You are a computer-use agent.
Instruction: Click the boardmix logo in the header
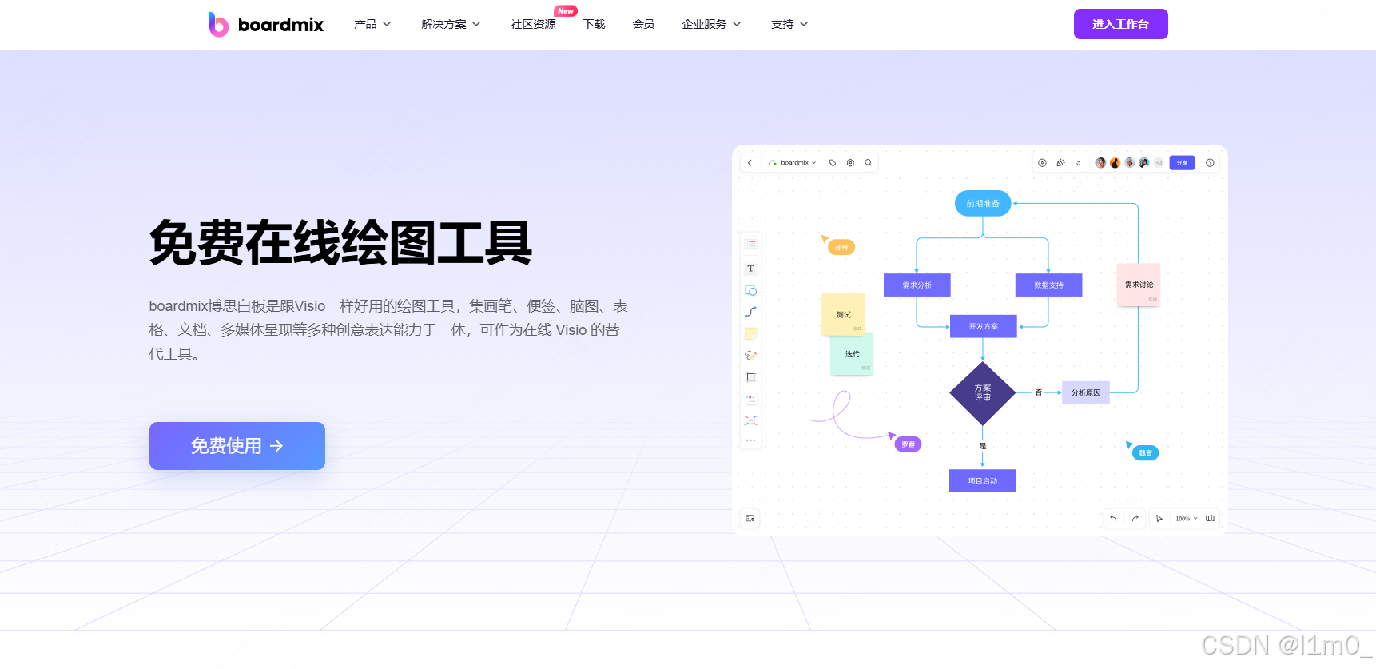pyautogui.click(x=266, y=25)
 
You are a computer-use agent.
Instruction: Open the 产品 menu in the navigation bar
pyautogui.click(x=372, y=25)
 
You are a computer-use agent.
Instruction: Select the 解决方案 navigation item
pyautogui.click(x=451, y=25)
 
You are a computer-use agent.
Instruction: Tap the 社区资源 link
pyautogui.click(x=533, y=25)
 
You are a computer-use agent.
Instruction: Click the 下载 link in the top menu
pyautogui.click(x=594, y=25)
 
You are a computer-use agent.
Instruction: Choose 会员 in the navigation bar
pyautogui.click(x=643, y=25)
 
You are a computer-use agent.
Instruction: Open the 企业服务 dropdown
pyautogui.click(x=711, y=25)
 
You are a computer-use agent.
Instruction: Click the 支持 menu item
pyautogui.click(x=789, y=25)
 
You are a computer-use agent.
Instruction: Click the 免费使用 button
pyautogui.click(x=237, y=446)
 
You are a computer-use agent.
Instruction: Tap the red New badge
pyautogui.click(x=566, y=11)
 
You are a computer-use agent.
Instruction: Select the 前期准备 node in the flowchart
pyautogui.click(x=983, y=204)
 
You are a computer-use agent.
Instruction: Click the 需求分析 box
pyautogui.click(x=917, y=285)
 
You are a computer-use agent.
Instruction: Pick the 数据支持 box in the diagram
pyautogui.click(x=1048, y=285)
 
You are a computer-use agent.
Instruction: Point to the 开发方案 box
pyautogui.click(x=983, y=326)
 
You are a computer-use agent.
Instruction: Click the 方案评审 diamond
pyautogui.click(x=982, y=393)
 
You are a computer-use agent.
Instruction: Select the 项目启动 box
pyautogui.click(x=982, y=481)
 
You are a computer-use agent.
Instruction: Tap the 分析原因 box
pyautogui.click(x=1085, y=393)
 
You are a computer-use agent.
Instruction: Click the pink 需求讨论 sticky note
pyautogui.click(x=1138, y=285)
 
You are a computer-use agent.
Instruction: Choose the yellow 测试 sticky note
pyautogui.click(x=843, y=314)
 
